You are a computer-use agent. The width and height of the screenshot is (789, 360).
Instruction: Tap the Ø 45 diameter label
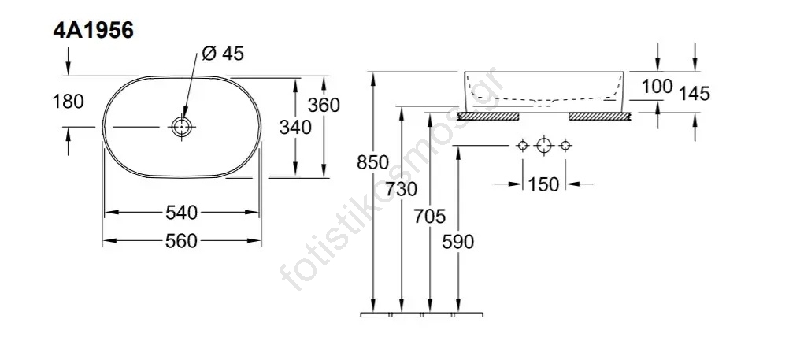pyautogui.click(x=223, y=54)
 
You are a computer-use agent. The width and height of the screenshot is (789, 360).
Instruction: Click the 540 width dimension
pyautogui.click(x=182, y=213)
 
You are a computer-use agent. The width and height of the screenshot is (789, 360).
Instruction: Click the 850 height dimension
pyautogui.click(x=373, y=163)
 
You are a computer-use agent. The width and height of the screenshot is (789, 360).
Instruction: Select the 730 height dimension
pyautogui.click(x=402, y=189)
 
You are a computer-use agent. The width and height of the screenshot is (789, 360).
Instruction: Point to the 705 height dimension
pyautogui.click(x=430, y=215)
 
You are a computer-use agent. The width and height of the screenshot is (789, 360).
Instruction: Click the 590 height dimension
pyautogui.click(x=458, y=241)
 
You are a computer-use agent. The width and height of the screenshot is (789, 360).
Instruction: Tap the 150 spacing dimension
pyautogui.click(x=543, y=184)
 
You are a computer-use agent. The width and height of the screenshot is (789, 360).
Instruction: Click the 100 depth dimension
pyautogui.click(x=657, y=86)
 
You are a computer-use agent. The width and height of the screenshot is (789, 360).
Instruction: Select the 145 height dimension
pyautogui.click(x=694, y=94)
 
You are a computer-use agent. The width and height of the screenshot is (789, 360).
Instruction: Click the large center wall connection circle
pyautogui.click(x=543, y=146)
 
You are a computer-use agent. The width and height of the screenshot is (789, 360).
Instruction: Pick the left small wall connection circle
pyautogui.click(x=521, y=146)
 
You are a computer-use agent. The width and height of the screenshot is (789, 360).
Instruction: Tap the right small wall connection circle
pyautogui.click(x=565, y=146)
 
